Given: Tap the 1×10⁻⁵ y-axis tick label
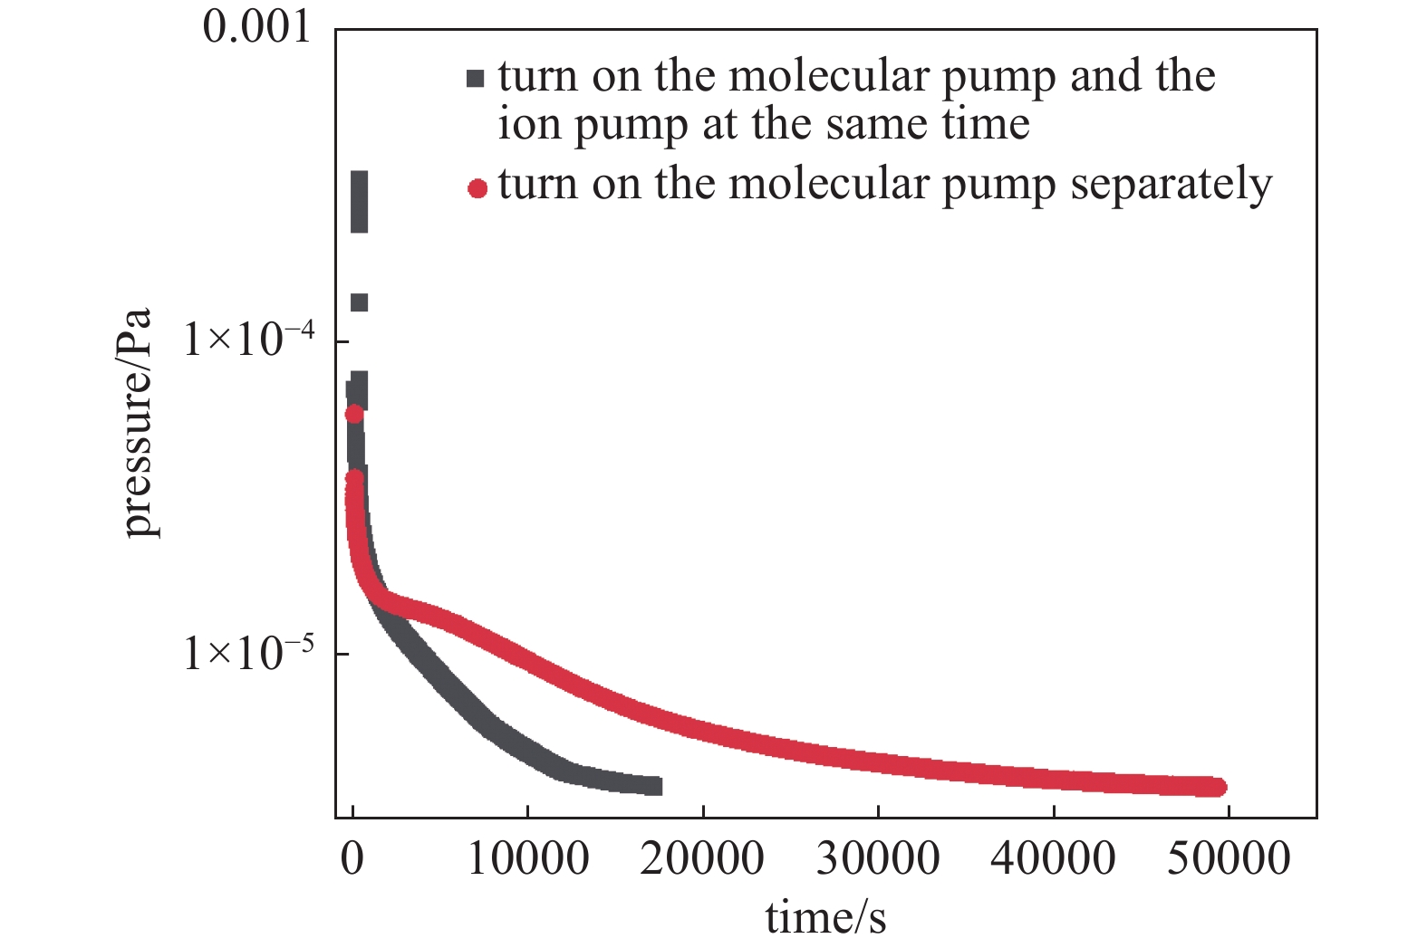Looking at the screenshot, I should tap(250, 653).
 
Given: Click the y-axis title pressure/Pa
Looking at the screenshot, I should tap(137, 424).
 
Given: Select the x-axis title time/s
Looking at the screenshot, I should tap(825, 917).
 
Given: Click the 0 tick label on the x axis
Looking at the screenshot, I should tap(352, 858).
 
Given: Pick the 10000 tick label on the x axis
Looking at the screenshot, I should tap(528, 858).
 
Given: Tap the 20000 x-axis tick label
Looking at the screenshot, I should tap(702, 858).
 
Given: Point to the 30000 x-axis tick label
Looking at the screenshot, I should tap(878, 858).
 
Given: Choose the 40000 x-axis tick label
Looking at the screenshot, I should tap(1053, 858).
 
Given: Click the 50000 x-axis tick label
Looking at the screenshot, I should tap(1228, 858).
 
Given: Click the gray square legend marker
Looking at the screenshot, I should tap(476, 78).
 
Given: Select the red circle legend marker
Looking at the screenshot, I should tap(477, 188).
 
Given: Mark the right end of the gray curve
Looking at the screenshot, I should tap(656, 786).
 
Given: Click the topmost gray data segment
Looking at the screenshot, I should tap(359, 201).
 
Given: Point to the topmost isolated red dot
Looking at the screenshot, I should tap(354, 414).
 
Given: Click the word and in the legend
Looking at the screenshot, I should tap(1094, 76).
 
